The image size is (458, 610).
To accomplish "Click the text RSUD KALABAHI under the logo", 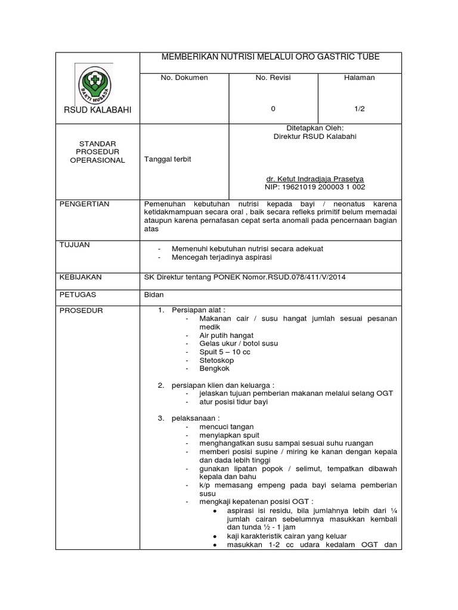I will [97, 110].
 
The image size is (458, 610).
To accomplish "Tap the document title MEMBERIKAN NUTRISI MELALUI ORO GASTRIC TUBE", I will [271, 57].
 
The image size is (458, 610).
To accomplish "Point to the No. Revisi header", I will [273, 78].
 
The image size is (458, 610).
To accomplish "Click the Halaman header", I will [360, 78].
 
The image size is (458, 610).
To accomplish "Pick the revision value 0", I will [273, 109].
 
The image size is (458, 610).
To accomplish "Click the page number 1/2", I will [360, 109].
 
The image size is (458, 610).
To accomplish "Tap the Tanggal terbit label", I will [168, 160].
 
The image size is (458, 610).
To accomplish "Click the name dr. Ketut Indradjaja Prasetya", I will [314, 179].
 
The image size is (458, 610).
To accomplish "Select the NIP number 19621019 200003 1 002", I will [314, 187].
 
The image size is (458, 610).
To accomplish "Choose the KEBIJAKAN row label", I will [81, 277].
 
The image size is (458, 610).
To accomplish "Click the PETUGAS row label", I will [78, 294].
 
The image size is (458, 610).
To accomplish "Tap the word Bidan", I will [154, 294].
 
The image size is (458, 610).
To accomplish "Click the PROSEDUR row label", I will [81, 311].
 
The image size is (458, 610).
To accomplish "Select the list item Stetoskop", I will [216, 360].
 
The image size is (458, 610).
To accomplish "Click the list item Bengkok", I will [215, 369].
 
